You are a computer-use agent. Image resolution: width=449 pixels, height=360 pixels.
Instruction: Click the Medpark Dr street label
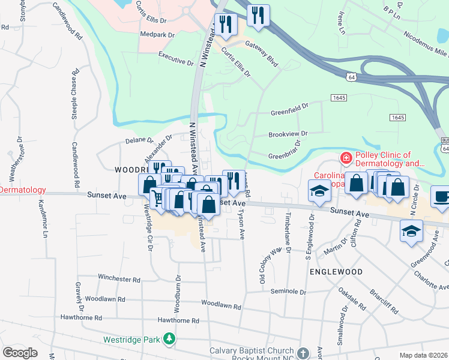tap(156, 35)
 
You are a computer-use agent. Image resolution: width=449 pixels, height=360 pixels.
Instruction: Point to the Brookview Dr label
tap(288, 134)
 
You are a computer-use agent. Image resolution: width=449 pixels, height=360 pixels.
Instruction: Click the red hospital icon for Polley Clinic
tap(346, 158)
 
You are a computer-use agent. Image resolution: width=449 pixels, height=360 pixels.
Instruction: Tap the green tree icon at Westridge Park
tap(170, 340)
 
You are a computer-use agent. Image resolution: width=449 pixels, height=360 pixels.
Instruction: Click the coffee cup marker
tap(441, 197)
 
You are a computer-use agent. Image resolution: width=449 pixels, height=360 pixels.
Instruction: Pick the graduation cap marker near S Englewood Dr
tap(319, 192)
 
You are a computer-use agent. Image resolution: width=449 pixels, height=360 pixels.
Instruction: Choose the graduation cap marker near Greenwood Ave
tap(411, 231)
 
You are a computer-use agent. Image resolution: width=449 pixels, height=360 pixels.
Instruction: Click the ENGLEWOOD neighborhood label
tap(336, 272)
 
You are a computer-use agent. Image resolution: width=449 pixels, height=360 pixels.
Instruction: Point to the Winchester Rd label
tap(119, 279)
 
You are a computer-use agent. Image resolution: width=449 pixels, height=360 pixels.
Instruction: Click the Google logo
tap(20, 353)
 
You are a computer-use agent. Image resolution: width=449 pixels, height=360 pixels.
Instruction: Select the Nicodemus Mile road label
tap(425, 40)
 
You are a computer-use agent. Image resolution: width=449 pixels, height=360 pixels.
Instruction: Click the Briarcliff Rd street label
tap(384, 299)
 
